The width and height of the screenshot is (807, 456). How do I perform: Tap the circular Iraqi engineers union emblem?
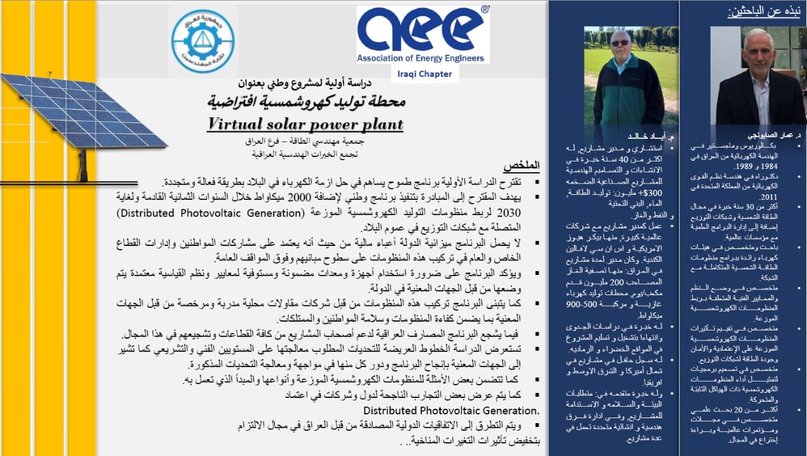coord(202,40)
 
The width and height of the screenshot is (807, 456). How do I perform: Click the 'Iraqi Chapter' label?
coord(425,74)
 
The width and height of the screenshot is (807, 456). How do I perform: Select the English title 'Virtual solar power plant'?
coord(305,124)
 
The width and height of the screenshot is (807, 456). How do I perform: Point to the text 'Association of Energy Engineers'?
coord(421,58)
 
